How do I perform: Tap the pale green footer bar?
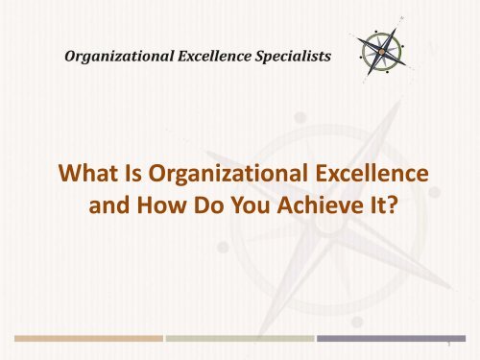coord(240,338)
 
